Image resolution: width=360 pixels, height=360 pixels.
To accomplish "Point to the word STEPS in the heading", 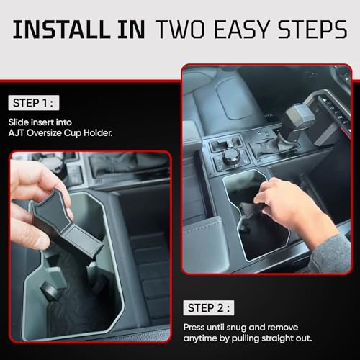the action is (x=312, y=30).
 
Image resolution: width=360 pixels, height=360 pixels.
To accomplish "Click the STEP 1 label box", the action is (x=34, y=103).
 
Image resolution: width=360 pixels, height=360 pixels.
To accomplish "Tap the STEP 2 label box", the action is (x=209, y=307).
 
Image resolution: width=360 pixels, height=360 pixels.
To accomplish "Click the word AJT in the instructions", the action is (x=16, y=132).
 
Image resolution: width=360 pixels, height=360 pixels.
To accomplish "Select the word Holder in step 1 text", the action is (x=98, y=132).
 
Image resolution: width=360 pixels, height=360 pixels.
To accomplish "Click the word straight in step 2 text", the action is (x=277, y=338).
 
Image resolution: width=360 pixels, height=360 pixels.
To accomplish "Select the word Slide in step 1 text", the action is (x=19, y=122).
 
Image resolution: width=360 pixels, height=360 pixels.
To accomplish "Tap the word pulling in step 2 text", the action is (x=246, y=339).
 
